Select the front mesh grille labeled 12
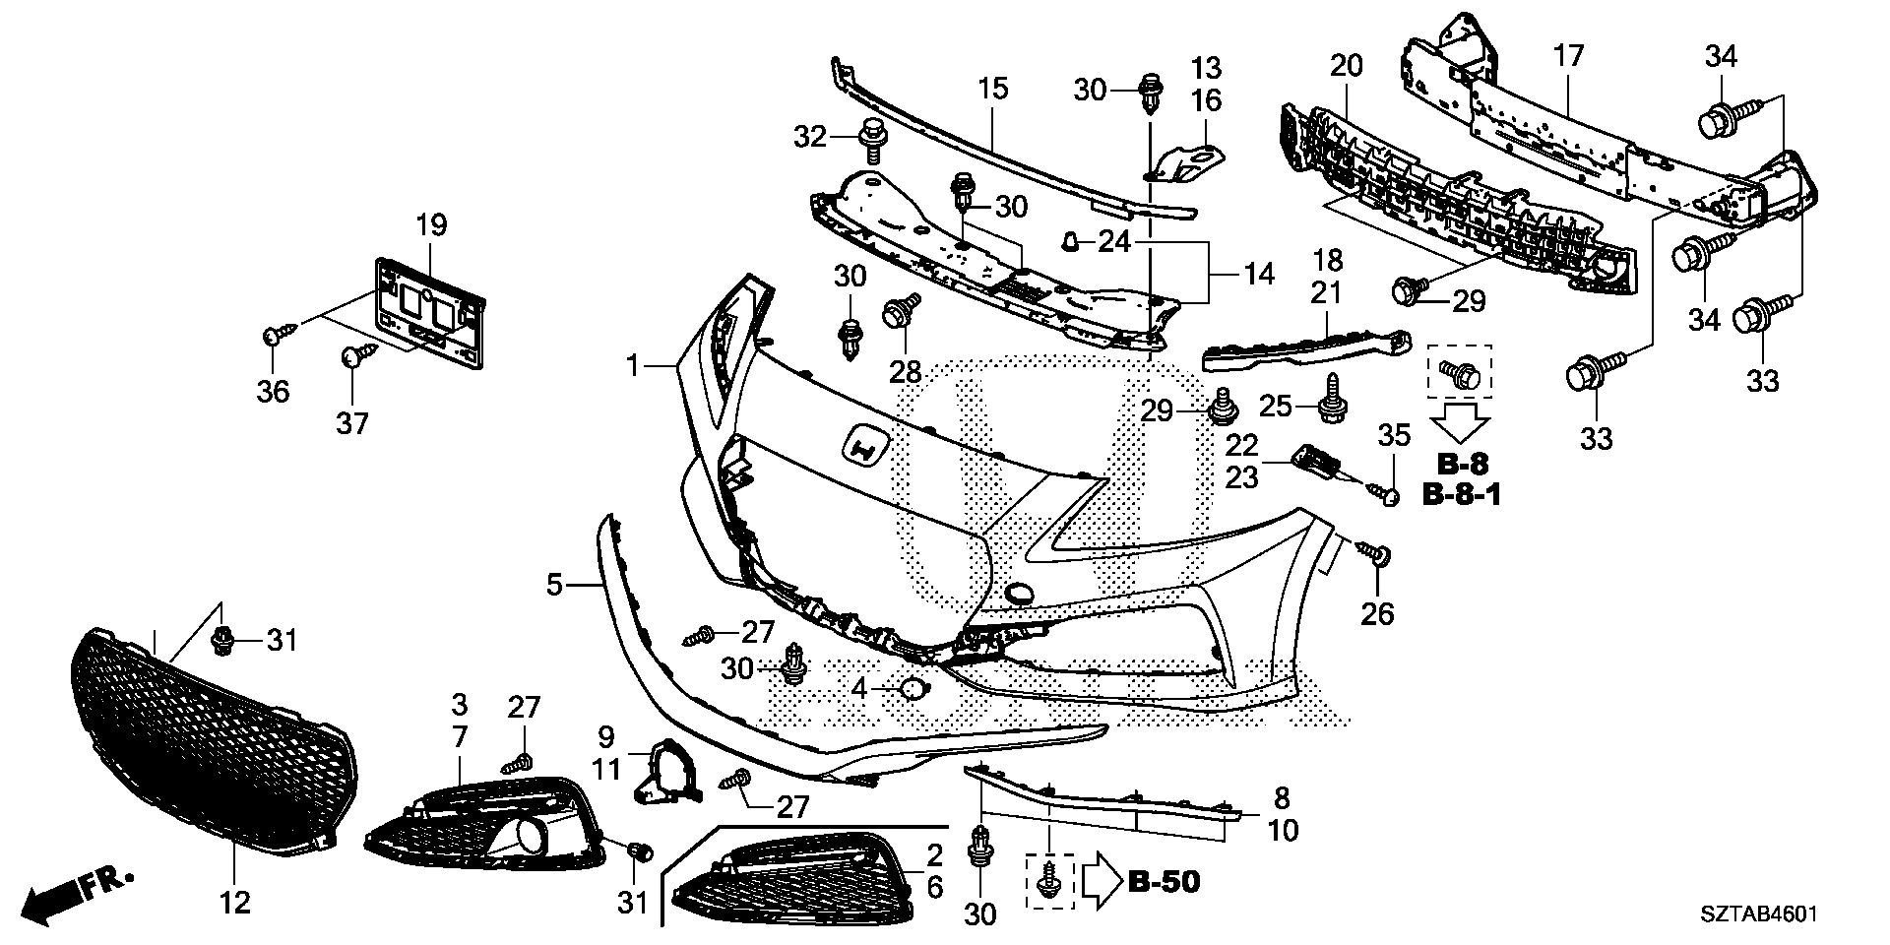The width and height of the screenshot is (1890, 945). point(212,739)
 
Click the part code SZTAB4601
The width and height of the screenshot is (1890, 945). point(1756,914)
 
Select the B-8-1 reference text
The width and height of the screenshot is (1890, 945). point(1462,495)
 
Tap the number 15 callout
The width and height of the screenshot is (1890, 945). point(993,90)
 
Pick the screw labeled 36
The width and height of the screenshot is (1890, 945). point(274,339)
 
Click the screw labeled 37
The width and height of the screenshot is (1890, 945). point(354,355)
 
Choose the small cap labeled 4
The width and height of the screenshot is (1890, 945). point(913,690)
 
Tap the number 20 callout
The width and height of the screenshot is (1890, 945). point(1347,67)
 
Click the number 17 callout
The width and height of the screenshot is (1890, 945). point(1568,56)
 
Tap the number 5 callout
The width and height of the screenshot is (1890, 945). point(555,586)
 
